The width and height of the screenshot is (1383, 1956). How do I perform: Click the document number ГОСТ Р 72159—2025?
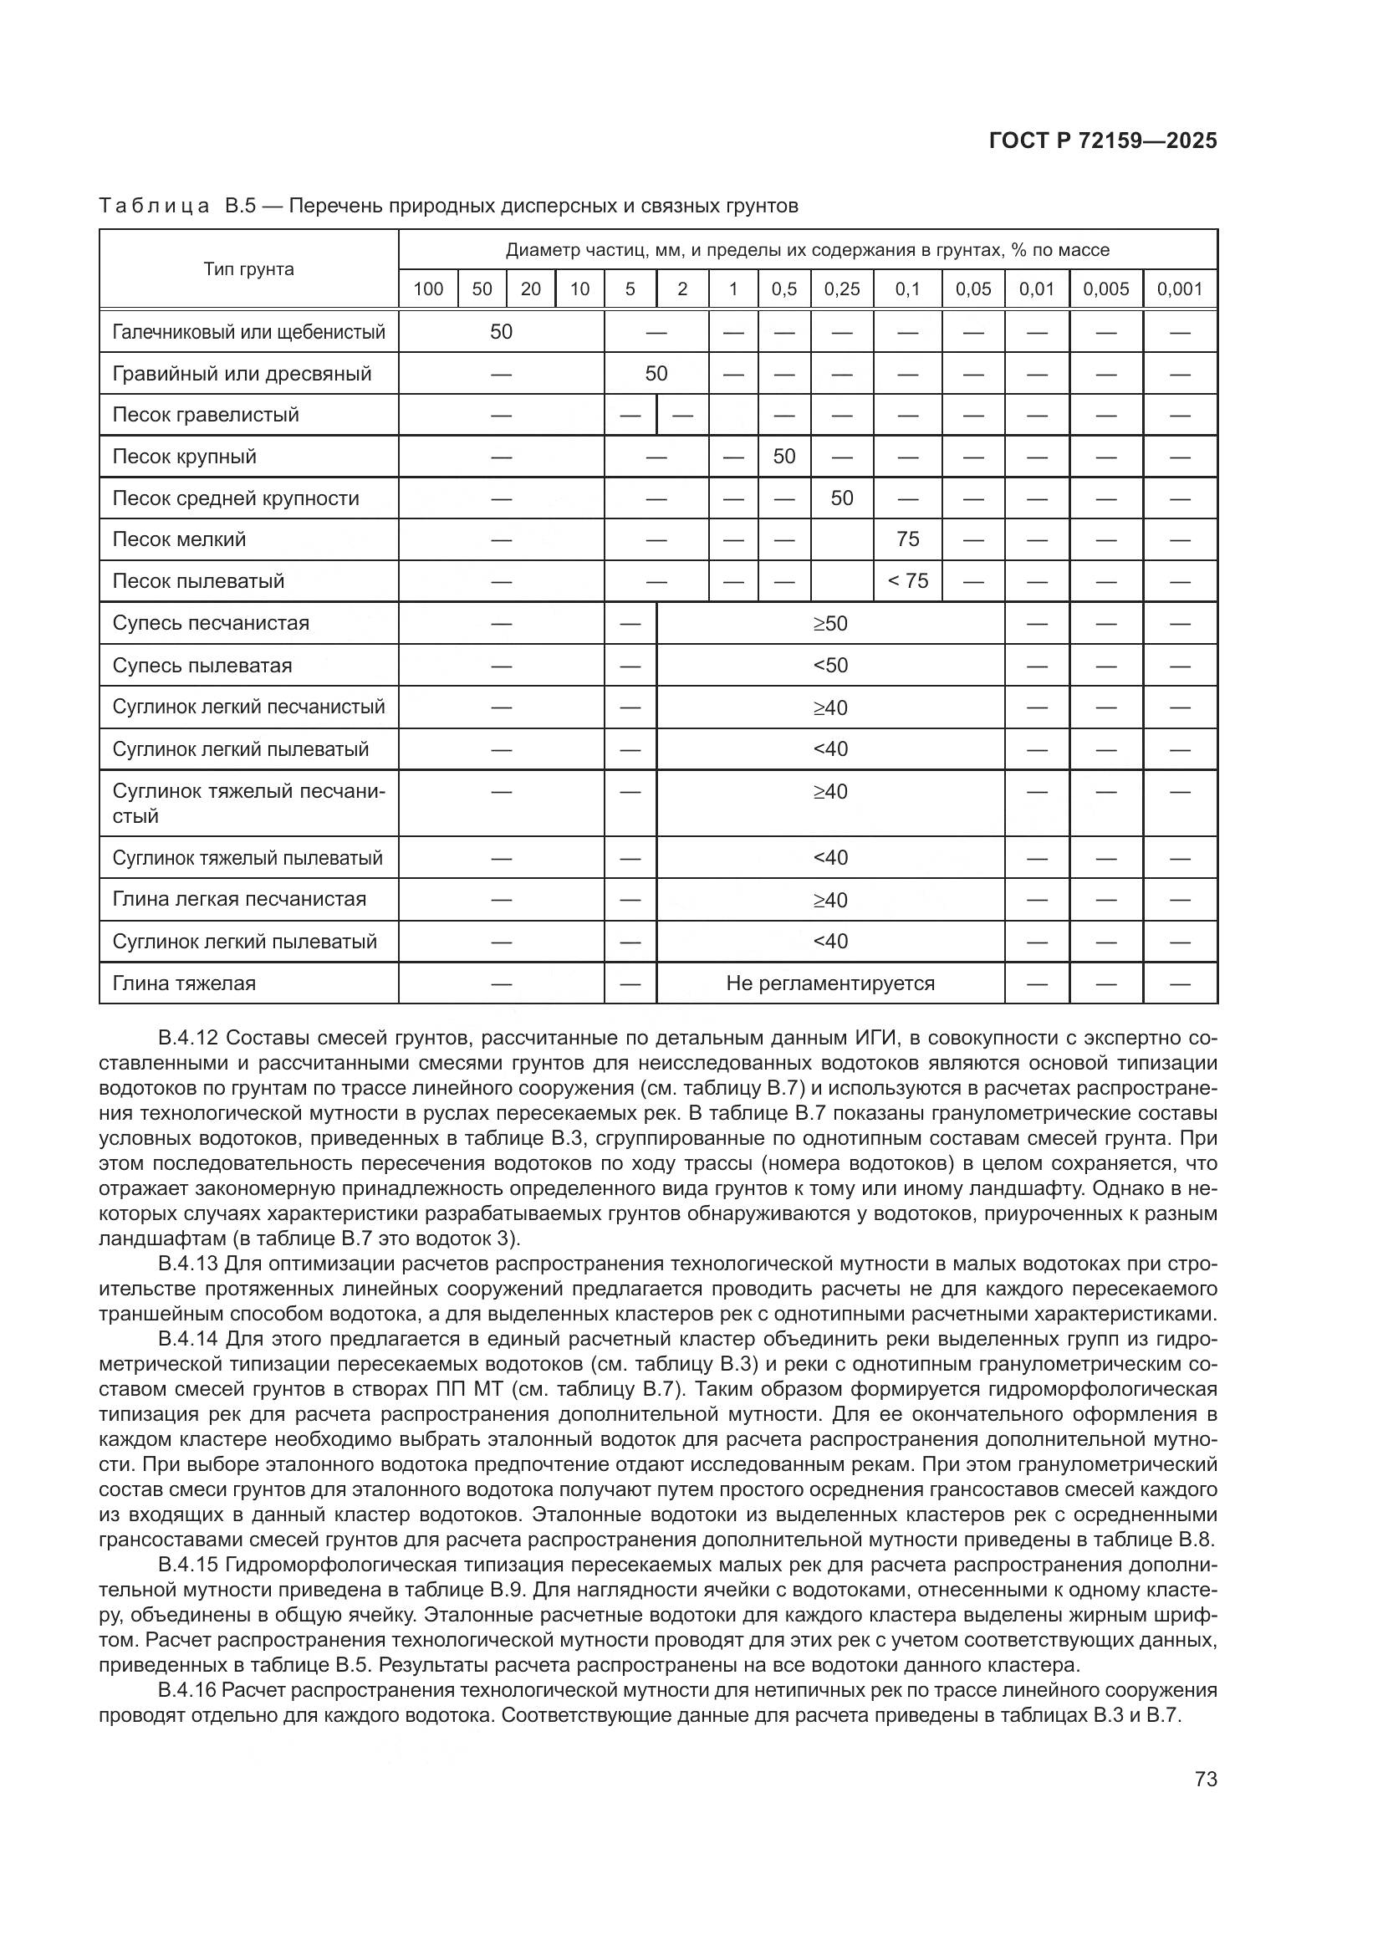tap(1103, 140)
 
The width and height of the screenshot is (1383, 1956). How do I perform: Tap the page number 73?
tap(1206, 1779)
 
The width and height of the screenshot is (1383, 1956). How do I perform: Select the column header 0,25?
tap(841, 289)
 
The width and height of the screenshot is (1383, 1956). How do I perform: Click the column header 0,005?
tap(1105, 289)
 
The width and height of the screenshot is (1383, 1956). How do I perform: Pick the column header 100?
tap(427, 289)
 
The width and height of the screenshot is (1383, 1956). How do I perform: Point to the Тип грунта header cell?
tap(248, 269)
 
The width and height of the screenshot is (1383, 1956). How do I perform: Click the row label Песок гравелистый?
tap(205, 415)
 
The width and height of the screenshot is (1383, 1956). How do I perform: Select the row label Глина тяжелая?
tap(184, 983)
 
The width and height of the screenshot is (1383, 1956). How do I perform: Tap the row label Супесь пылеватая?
tap(202, 666)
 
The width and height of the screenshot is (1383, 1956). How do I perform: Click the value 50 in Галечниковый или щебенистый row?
tap(501, 331)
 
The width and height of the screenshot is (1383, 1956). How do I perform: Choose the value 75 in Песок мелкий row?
tap(907, 539)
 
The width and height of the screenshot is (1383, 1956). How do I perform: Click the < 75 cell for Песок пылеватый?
tap(907, 581)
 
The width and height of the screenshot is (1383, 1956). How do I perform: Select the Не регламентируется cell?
tap(829, 983)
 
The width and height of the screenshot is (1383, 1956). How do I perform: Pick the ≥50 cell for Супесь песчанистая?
tap(829, 624)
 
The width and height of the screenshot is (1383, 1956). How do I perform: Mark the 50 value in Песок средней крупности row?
tap(841, 498)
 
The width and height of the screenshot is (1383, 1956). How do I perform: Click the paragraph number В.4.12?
tap(188, 1038)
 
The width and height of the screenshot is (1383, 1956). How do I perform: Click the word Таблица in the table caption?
tap(154, 207)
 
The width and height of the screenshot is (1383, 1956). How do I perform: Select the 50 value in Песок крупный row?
tap(783, 457)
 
